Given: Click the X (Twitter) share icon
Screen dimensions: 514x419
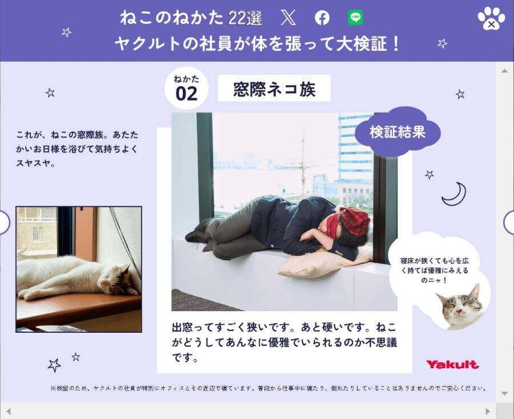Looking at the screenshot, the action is (288, 18).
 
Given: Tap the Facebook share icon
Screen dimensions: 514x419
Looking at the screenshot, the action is (322, 18).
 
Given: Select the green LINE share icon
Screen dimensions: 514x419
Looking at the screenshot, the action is (355, 18).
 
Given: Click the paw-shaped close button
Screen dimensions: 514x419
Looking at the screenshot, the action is (491, 19).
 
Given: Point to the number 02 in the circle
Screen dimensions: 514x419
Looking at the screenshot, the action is (187, 94).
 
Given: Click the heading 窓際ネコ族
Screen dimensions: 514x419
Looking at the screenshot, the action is (274, 89).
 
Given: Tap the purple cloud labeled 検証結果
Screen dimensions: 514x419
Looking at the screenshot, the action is (398, 132).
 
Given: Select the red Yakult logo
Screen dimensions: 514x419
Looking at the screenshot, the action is (452, 365).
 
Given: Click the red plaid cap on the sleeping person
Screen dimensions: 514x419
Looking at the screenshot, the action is (356, 220).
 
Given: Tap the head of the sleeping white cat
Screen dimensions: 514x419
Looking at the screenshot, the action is (120, 279).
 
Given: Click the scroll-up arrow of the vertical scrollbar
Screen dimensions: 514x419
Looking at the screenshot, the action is (504, 71).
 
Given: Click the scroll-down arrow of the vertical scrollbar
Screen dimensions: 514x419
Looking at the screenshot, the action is (504, 393).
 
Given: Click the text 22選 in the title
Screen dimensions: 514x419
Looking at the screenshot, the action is (245, 18).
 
